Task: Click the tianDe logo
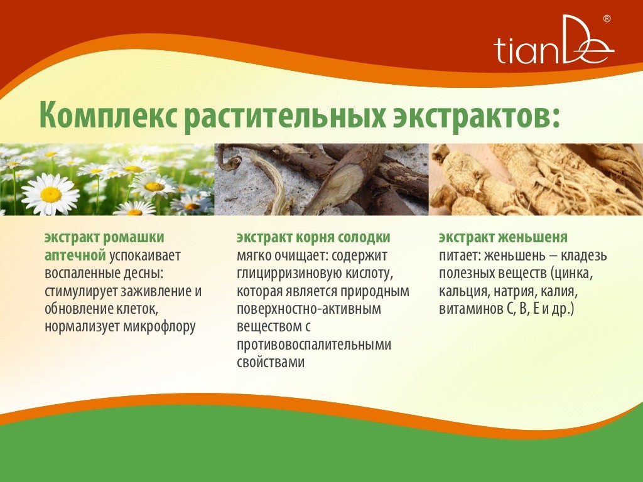click(554, 40)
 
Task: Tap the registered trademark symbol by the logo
click(607, 19)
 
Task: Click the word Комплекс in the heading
click(108, 116)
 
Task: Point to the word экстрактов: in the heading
click(477, 116)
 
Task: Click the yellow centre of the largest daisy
click(51, 195)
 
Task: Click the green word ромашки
click(133, 238)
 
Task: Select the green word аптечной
click(75, 256)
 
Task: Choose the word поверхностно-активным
click(309, 309)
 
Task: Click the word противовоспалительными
click(314, 345)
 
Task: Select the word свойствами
click(271, 362)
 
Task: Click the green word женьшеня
click(534, 238)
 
